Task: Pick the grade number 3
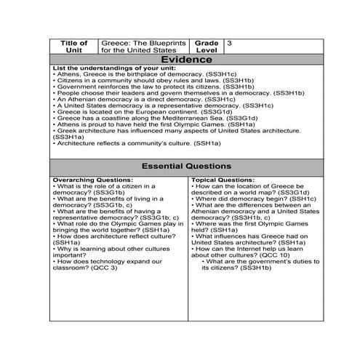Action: [x=230, y=44]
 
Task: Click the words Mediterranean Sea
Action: [x=196, y=118]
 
